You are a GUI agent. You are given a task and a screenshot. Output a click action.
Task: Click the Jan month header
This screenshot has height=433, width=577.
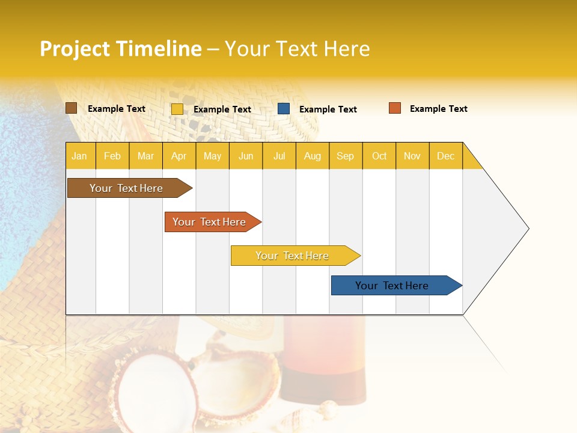tap(79, 156)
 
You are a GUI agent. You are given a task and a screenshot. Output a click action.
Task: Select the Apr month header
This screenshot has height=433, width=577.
tap(179, 156)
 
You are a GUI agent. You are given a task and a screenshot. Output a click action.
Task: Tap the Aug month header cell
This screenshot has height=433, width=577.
tap(312, 156)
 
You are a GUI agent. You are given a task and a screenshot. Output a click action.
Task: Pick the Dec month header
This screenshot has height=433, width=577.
tap(445, 156)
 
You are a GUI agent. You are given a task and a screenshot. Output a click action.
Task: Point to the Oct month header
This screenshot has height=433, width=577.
tap(379, 156)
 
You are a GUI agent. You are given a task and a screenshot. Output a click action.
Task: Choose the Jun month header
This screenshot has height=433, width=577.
tap(246, 156)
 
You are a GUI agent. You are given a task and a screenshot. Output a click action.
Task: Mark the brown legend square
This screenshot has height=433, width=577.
tap(71, 108)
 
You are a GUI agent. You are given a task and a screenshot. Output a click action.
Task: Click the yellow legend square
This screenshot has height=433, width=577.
tap(177, 109)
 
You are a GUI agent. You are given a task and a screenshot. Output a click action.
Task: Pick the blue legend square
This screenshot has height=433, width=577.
tap(284, 109)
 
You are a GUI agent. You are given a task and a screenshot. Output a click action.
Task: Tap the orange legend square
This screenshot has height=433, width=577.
tap(394, 108)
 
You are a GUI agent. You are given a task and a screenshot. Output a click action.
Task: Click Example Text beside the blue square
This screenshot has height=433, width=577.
tap(328, 109)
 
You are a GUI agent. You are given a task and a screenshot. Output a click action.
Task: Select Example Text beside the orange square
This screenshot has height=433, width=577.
tap(438, 109)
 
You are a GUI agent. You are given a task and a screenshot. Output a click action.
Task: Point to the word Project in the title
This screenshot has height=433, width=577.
tap(75, 49)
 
